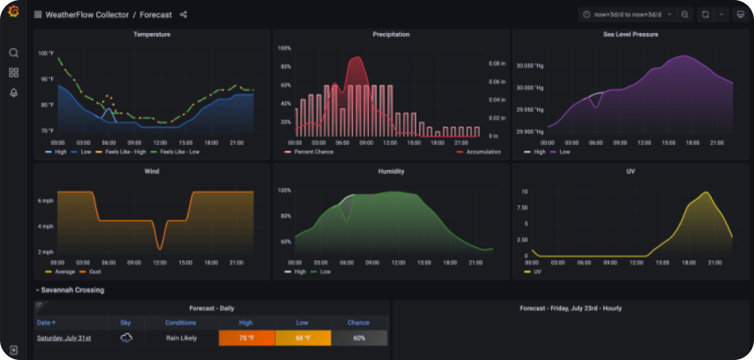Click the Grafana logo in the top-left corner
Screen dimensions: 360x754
pos(14,12)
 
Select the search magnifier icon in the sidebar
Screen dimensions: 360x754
pos(14,53)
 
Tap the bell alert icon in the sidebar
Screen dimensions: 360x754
pos(14,93)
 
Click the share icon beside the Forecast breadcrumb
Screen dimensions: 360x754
pos(183,15)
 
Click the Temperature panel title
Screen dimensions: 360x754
pos(152,35)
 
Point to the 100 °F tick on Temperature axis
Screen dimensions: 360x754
pos(46,53)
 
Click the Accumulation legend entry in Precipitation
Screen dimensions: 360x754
pos(483,152)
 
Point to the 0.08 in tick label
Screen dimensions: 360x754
pos(497,64)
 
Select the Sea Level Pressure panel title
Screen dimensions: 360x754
pos(630,35)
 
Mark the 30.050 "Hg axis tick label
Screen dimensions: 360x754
pos(530,66)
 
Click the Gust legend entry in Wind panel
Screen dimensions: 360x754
pos(95,272)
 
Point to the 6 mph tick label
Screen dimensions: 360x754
pos(45,202)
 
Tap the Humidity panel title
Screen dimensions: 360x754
pos(391,172)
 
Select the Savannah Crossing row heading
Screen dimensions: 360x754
pos(72,290)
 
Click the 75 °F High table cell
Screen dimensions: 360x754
pos(246,338)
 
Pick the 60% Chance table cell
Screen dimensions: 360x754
pos(359,338)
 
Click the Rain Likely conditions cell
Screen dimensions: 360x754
pos(181,338)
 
